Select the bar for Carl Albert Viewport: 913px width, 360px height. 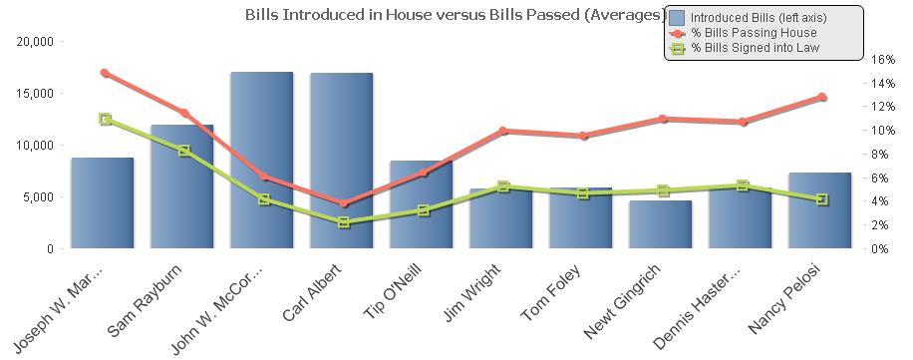coord(341,160)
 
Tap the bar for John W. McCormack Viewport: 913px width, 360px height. coord(261,160)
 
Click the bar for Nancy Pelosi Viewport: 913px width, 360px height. coord(819,210)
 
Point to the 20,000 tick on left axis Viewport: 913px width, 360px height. coord(36,41)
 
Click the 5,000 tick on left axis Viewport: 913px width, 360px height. coord(40,196)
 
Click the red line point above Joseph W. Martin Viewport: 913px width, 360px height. coord(105,73)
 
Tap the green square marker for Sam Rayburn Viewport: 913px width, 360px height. coord(184,151)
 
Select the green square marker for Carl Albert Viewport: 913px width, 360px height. coord(344,222)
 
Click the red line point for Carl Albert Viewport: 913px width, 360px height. coord(344,203)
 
